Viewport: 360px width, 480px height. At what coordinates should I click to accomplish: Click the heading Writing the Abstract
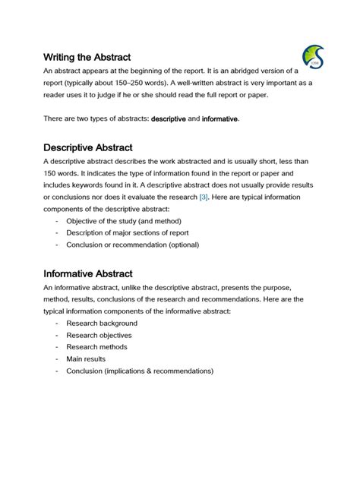click(x=87, y=57)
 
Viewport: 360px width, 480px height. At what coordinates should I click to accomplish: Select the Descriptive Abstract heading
click(x=87, y=147)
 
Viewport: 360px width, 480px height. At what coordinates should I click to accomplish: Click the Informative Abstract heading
click(x=87, y=273)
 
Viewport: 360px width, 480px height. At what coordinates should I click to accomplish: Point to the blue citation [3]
click(x=204, y=197)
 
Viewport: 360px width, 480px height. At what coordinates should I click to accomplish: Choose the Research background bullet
click(x=102, y=323)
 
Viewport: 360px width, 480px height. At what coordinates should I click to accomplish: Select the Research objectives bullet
click(x=99, y=335)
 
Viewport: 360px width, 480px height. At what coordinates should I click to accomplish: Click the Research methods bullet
click(x=96, y=347)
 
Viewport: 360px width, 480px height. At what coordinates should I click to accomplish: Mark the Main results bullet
click(x=86, y=358)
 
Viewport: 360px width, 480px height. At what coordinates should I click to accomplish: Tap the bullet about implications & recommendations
click(x=140, y=371)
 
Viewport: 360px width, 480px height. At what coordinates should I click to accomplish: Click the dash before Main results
click(x=58, y=358)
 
